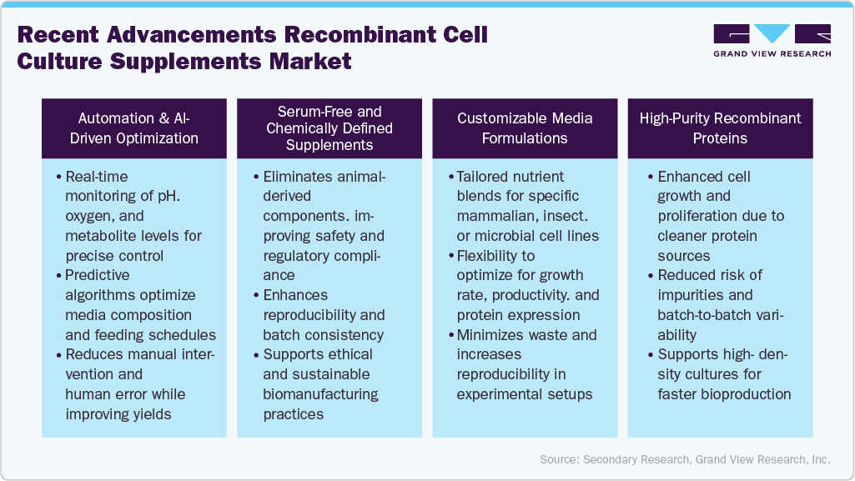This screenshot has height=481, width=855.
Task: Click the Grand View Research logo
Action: coord(772,40)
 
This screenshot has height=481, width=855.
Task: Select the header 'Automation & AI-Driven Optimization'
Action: coord(133,128)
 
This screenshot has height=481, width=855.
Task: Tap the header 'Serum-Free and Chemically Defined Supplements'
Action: coord(329,128)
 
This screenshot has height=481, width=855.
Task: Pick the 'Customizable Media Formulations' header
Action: coord(525,128)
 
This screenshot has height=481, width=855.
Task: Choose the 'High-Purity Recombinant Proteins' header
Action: coord(720,128)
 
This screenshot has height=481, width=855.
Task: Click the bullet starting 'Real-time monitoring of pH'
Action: coord(133,216)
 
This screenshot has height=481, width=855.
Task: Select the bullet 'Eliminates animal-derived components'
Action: coord(324,225)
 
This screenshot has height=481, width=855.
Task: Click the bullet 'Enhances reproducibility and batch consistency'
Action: coord(324,314)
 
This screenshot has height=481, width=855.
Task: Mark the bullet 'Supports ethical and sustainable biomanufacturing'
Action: coord(321,383)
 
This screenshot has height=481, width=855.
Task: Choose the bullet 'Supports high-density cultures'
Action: coord(722,374)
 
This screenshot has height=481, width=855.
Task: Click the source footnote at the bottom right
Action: coord(684,459)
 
